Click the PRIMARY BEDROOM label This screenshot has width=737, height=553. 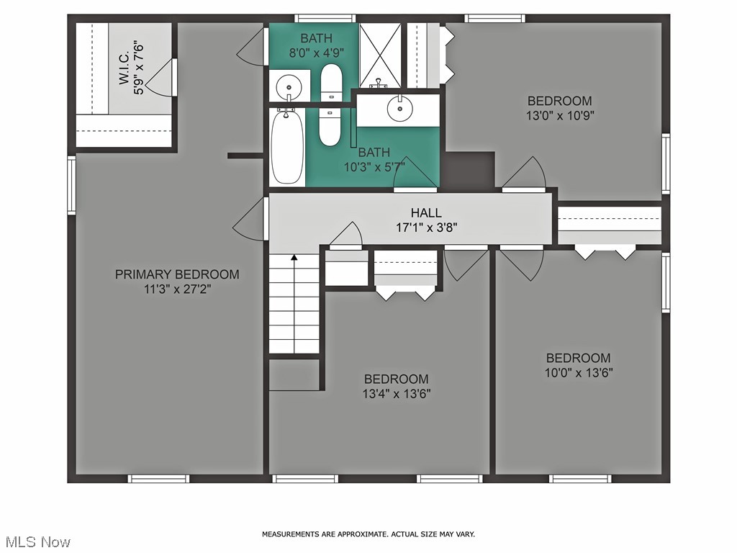177,274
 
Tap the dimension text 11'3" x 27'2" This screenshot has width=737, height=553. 177,289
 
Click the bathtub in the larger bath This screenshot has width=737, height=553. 287,147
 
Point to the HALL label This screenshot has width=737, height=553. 426,212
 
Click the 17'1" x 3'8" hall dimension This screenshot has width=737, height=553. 426,227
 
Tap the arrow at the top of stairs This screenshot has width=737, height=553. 294,257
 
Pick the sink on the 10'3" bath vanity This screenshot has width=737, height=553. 399,109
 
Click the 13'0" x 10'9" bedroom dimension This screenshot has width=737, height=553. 560,115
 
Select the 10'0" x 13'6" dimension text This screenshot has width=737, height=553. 579,372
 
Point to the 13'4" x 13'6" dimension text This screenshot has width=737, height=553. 397,393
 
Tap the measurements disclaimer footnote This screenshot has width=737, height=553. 368,534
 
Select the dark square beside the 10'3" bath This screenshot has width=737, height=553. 468,170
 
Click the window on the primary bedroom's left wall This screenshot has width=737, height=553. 71,185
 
